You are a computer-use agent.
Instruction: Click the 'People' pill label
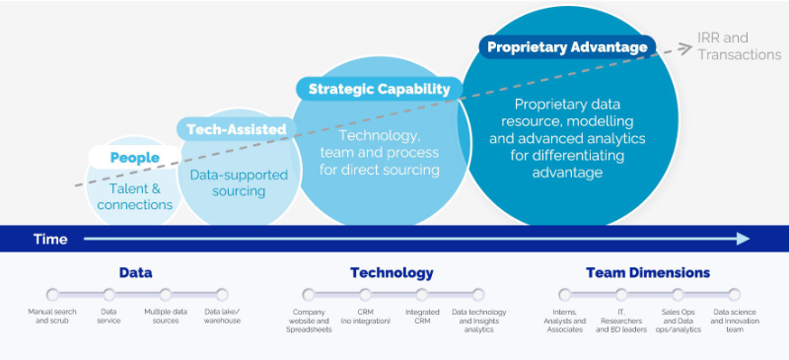click(x=135, y=158)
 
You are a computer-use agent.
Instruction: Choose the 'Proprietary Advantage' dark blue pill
click(x=567, y=46)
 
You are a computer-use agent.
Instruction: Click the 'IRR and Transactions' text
click(x=739, y=45)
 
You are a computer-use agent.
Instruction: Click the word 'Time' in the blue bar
click(x=50, y=239)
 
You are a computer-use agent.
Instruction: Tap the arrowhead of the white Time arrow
click(x=742, y=239)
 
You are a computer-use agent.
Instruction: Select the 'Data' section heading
click(x=135, y=272)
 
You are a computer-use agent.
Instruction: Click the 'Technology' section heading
click(x=392, y=272)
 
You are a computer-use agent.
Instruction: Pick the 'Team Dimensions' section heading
click(x=647, y=272)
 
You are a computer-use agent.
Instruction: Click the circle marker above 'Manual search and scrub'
click(x=52, y=294)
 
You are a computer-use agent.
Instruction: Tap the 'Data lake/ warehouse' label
click(x=222, y=316)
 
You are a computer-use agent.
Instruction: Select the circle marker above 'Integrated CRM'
click(x=422, y=294)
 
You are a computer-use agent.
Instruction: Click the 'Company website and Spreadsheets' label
click(x=309, y=321)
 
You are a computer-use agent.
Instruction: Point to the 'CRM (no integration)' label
click(x=365, y=316)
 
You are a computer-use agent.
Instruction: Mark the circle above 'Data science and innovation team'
click(x=734, y=294)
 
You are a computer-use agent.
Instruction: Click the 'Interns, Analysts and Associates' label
click(x=564, y=321)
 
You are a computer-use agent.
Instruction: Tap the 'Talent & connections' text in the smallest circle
click(x=135, y=196)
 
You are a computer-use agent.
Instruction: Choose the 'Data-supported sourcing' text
click(x=239, y=182)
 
